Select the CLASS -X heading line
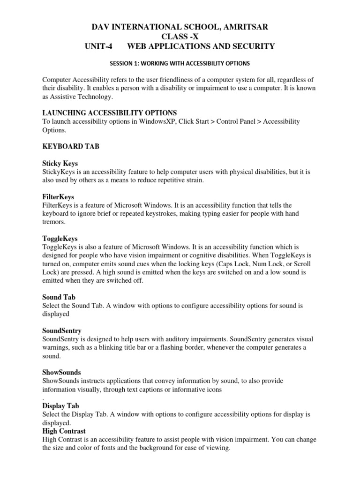180,37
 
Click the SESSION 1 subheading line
180,63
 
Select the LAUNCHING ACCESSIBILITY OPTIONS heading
110,113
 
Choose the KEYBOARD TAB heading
71,147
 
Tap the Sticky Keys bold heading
59,164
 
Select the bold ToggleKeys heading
60,239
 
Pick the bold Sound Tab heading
59,297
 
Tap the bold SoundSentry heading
62,331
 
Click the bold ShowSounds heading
61,373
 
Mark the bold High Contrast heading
64,431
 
